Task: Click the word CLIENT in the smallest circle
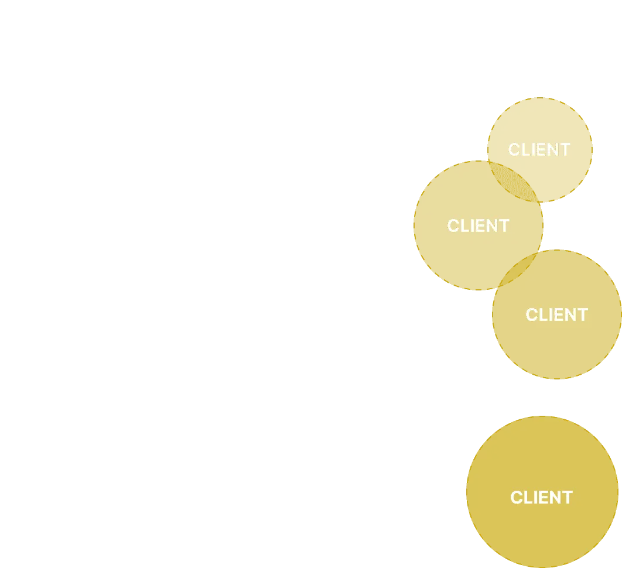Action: pos(539,150)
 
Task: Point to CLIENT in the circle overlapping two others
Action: pos(478,226)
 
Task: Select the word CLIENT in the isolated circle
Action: pos(541,498)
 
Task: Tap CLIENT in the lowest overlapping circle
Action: pos(556,315)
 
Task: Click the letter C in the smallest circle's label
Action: pos(514,150)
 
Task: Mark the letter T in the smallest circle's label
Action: pos(565,150)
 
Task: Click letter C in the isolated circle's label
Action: pos(517,498)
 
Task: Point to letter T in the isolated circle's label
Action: pos(567,498)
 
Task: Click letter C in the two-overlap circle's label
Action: pos(453,226)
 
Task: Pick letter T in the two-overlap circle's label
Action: pos(504,226)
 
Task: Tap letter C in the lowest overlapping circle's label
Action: pos(532,315)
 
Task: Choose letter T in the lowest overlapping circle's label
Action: pos(582,315)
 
